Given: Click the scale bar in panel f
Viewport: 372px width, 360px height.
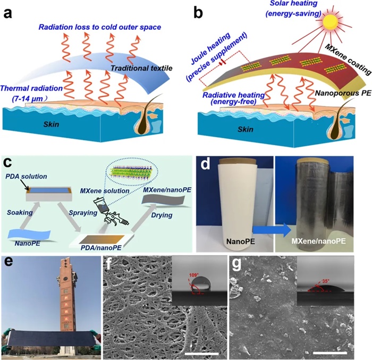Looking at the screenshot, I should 202,353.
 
